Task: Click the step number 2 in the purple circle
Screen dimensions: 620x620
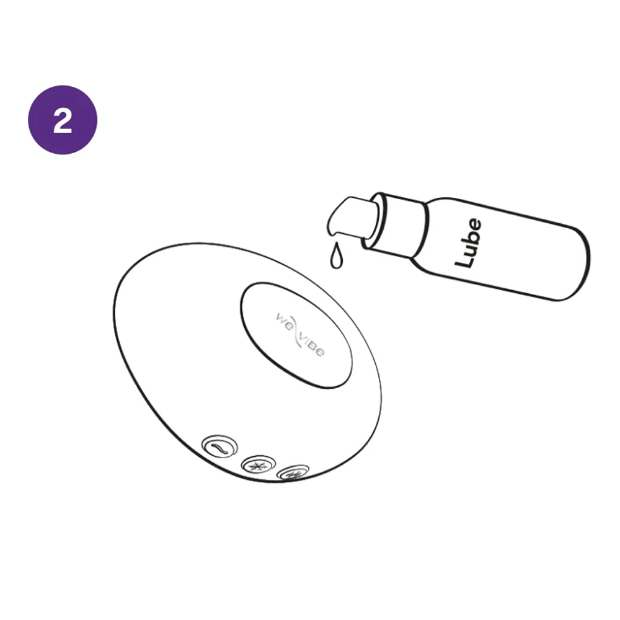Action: tap(63, 121)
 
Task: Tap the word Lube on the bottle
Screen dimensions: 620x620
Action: tap(468, 242)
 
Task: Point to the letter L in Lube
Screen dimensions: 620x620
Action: tap(464, 260)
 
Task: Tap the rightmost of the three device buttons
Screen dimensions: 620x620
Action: tap(293, 474)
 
